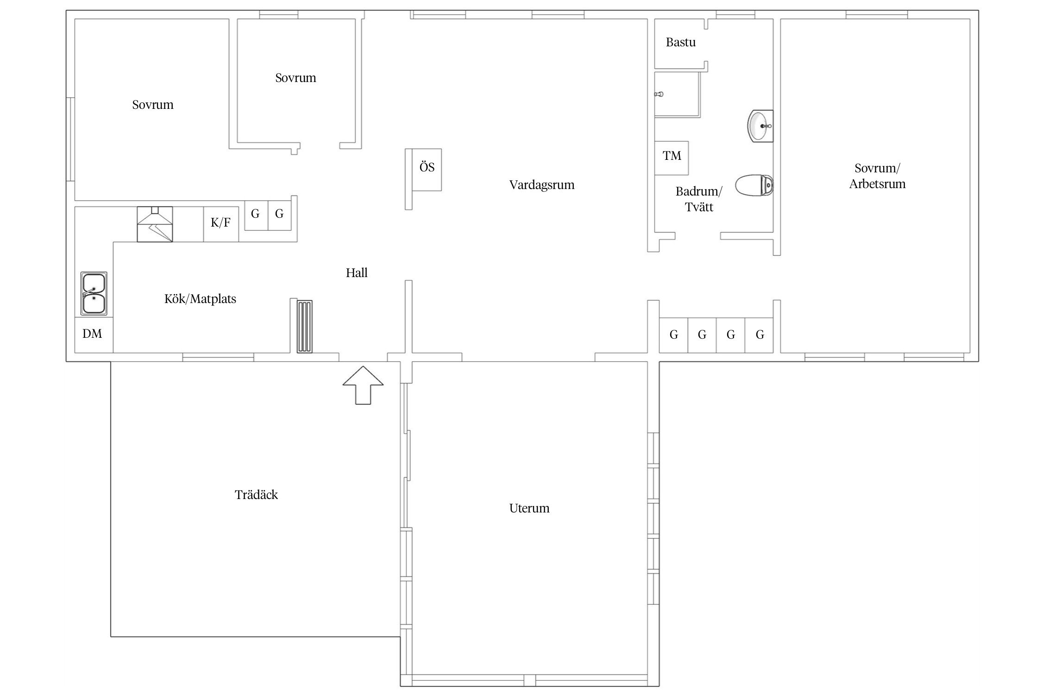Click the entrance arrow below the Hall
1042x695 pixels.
coord(363,385)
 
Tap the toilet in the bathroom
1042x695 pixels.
coord(754,185)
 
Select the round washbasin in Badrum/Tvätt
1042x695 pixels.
coord(760,126)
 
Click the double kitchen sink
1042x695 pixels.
coord(94,293)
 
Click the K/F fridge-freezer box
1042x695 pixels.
coord(221,224)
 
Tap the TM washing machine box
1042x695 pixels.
coord(672,158)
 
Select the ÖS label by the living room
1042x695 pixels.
coord(427,167)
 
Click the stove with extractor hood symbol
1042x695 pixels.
coord(155,224)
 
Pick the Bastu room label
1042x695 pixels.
coord(681,43)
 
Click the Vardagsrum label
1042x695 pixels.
coord(542,185)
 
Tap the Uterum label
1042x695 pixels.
coord(529,508)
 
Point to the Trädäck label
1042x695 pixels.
coord(256,495)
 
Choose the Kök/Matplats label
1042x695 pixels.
coord(200,299)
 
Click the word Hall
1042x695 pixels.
coord(357,273)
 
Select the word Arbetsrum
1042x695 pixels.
coord(877,184)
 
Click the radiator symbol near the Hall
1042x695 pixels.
coord(305,327)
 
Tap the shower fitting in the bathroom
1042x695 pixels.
coord(659,94)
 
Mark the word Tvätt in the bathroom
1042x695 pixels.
coord(699,207)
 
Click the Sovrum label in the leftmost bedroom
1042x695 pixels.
coord(153,105)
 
